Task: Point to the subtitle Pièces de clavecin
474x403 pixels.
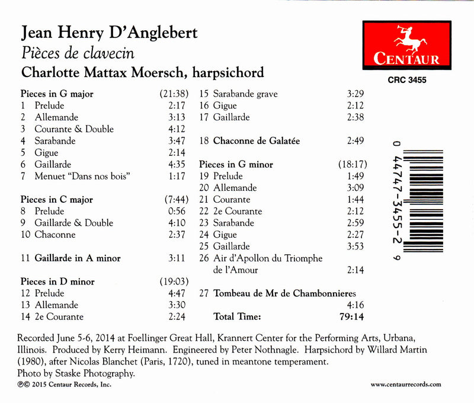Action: tap(78, 53)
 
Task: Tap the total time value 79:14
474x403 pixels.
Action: tap(350, 316)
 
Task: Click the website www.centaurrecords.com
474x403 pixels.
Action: tap(405, 384)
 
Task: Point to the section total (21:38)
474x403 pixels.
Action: tap(174, 94)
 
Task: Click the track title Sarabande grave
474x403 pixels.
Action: tap(245, 94)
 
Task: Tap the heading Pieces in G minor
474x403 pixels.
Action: tap(236, 164)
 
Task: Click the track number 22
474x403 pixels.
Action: tap(204, 211)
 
